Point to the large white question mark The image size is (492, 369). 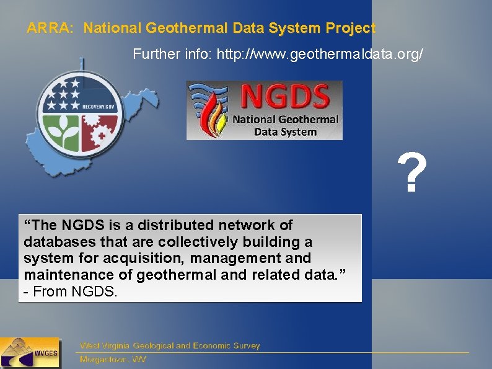pyautogui.click(x=412, y=174)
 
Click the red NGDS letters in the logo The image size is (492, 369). pyautogui.click(x=285, y=98)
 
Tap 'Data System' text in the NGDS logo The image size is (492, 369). pyautogui.click(x=285, y=131)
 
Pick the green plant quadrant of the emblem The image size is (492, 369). pyautogui.click(x=62, y=131)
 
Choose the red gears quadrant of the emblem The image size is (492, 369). pyautogui.click(x=99, y=131)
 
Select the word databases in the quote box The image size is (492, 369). pyautogui.click(x=53, y=241)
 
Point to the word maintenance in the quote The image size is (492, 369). pyautogui.click(x=68, y=274)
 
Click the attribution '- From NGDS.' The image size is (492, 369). pyautogui.click(x=69, y=291)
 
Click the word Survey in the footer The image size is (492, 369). pyautogui.click(x=244, y=345)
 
